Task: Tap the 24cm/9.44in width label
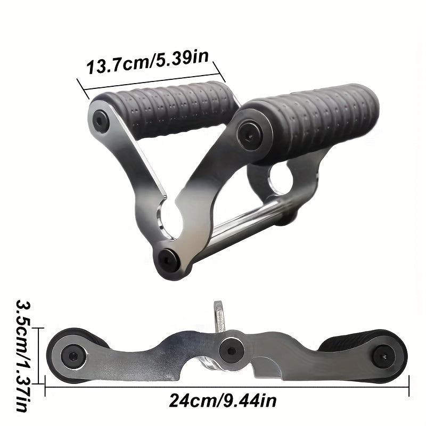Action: click(x=223, y=399)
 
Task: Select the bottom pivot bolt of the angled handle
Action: click(x=168, y=258)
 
